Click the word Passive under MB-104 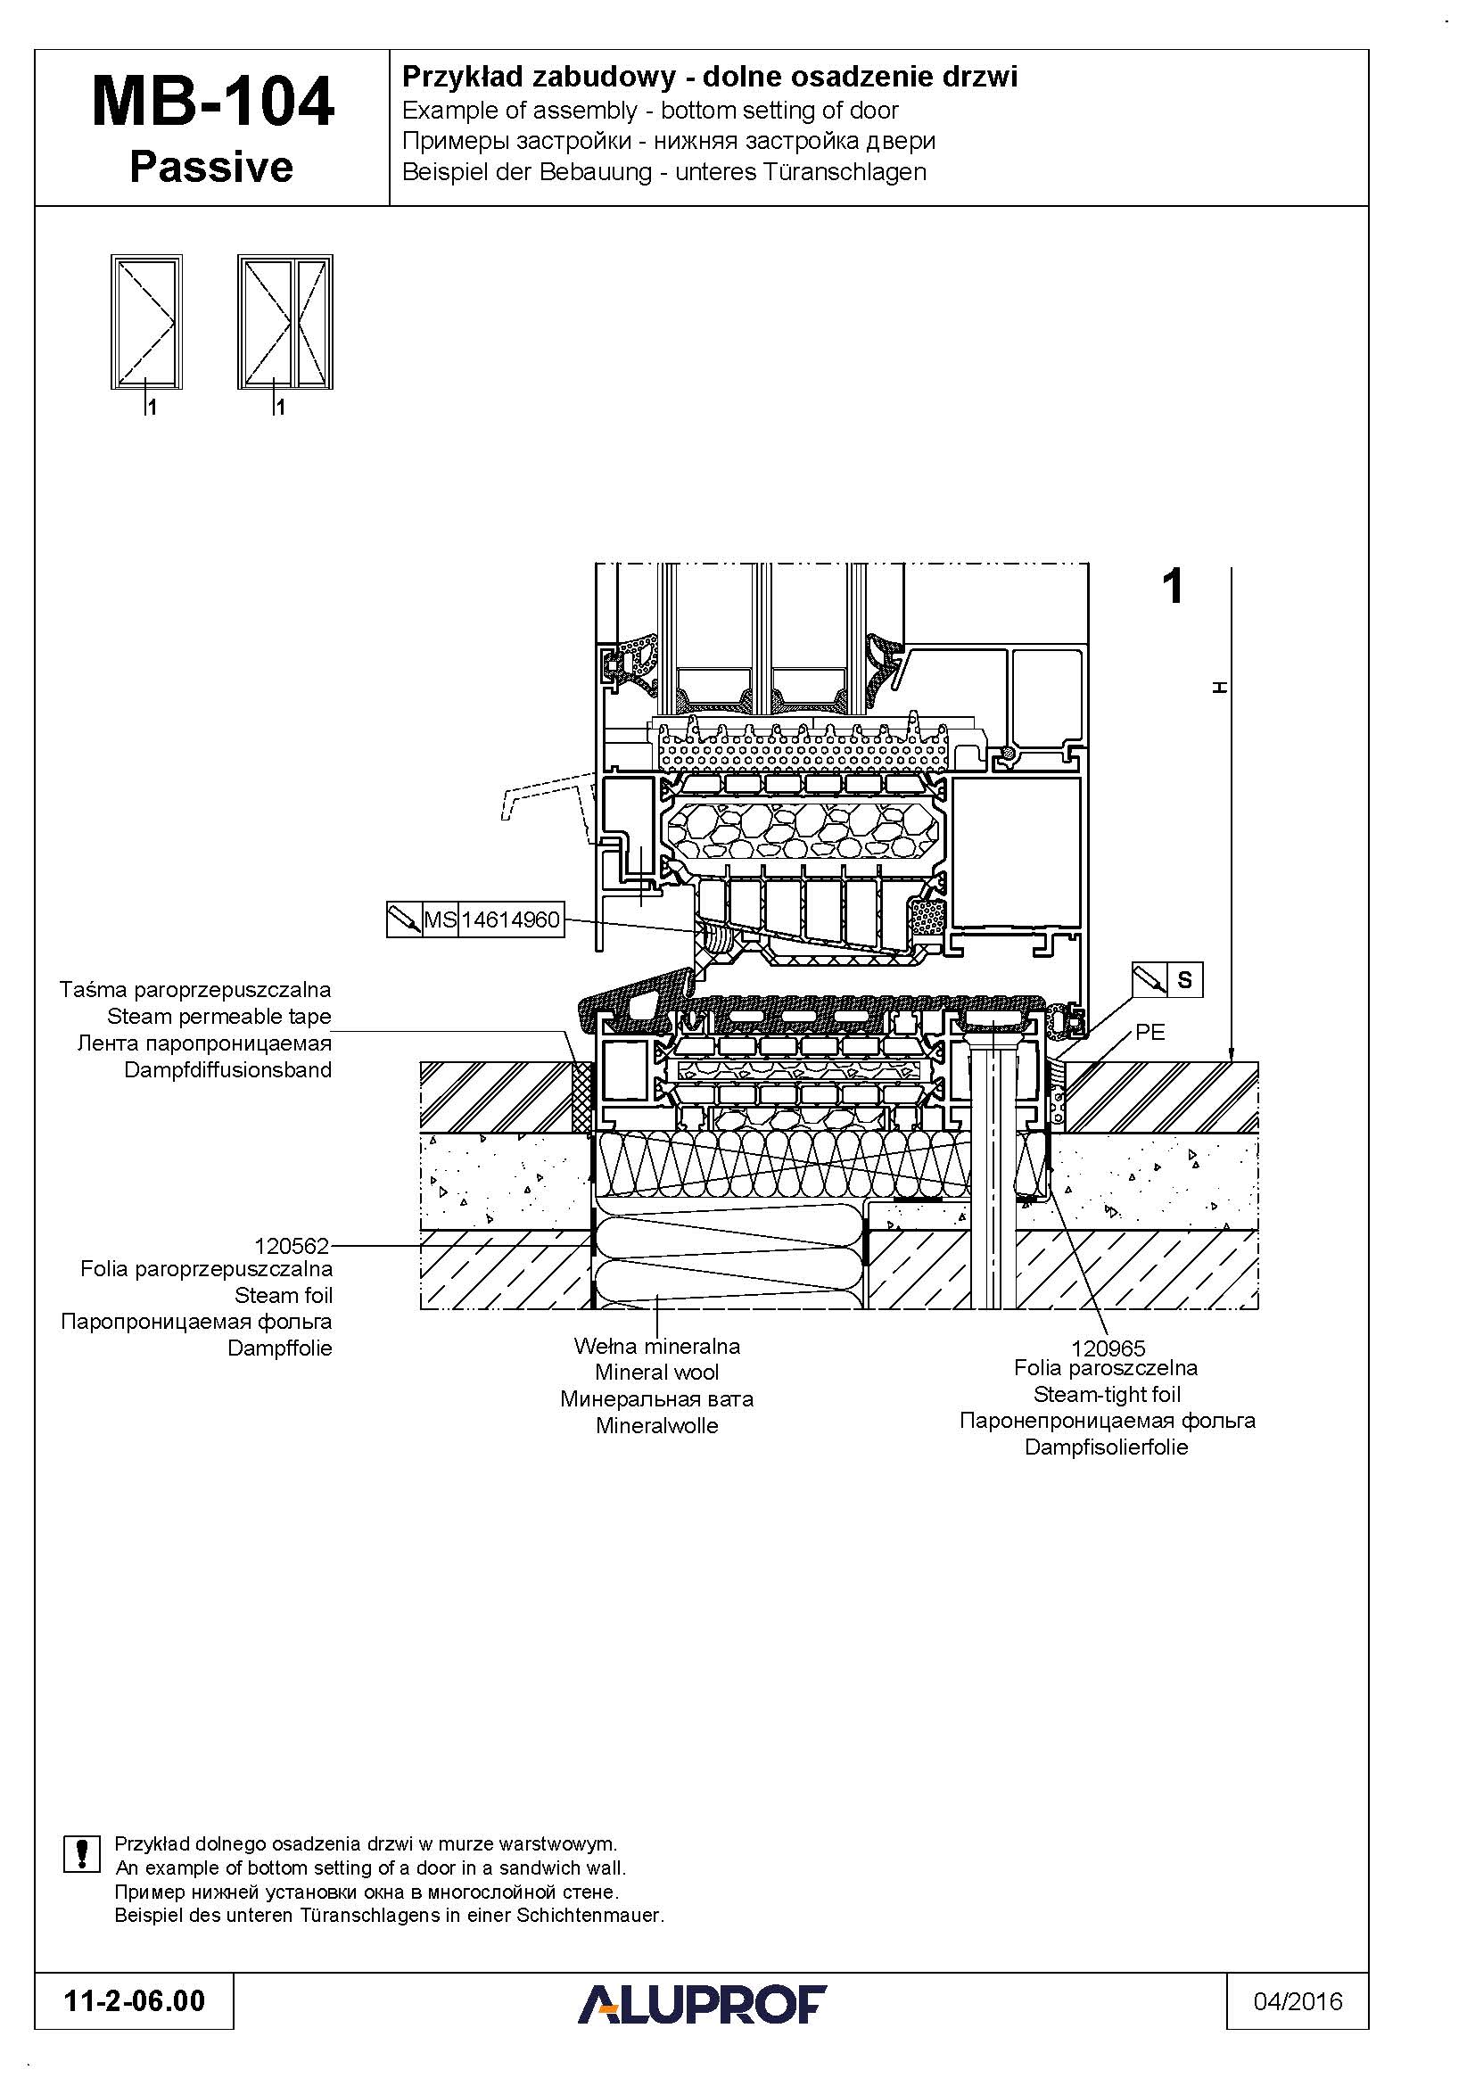211,167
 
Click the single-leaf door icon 146,322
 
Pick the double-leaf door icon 285,322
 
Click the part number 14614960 510,919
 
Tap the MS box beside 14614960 440,919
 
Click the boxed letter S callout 1184,980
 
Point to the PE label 1150,1033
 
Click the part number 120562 292,1246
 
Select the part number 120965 1108,1348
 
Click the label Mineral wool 656,1373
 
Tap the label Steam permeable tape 218,1017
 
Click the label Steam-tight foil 1108,1395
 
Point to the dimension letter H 1220,688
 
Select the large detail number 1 1174,586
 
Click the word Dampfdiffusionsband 228,1070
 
